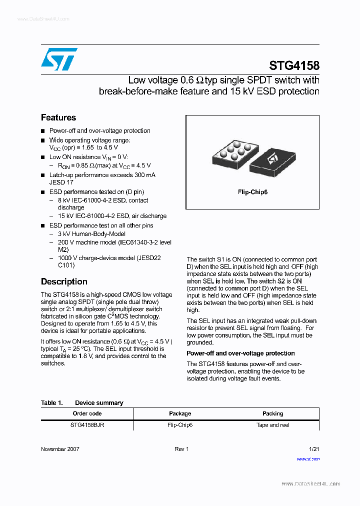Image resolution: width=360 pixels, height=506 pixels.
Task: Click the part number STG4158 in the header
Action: click(x=294, y=65)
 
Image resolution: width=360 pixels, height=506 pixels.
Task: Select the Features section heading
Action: click(x=58, y=117)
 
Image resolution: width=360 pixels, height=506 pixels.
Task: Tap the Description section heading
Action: click(x=64, y=281)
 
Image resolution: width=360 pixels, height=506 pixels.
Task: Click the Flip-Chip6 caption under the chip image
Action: click(x=252, y=192)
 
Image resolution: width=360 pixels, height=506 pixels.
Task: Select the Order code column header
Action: click(x=87, y=413)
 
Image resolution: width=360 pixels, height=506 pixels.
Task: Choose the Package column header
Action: click(x=180, y=413)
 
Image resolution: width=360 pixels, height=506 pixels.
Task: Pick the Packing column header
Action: click(x=272, y=413)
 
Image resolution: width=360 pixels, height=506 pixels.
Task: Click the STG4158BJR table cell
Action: click(x=87, y=425)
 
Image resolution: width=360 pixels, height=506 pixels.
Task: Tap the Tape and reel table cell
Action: click(x=272, y=425)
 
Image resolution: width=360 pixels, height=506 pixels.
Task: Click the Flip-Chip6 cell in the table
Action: click(x=180, y=425)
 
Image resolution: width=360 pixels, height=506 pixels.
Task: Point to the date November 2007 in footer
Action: click(x=60, y=449)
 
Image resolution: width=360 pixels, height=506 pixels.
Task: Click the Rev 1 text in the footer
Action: click(x=181, y=449)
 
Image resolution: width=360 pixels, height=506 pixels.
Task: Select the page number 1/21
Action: click(x=314, y=449)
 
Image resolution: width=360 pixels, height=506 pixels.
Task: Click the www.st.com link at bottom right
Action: click(x=308, y=458)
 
